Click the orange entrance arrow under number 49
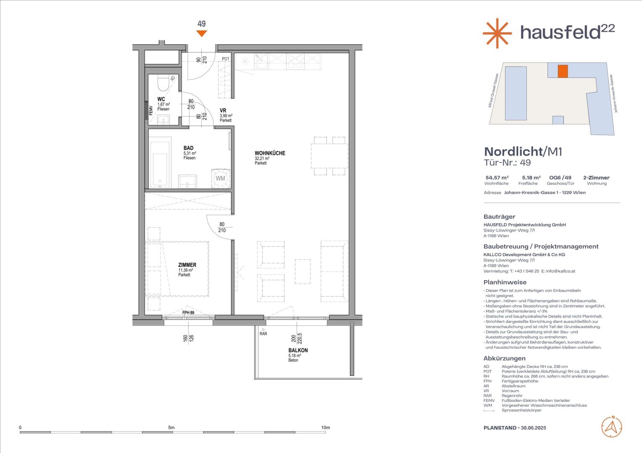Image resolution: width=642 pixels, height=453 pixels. point(202,33)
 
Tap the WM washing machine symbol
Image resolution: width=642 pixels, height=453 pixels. point(221,179)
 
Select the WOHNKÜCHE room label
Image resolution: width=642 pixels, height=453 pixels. point(270,153)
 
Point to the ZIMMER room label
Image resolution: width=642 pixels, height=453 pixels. point(187,265)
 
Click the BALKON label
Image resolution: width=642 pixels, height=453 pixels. point(298,350)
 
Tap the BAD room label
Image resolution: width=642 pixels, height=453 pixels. point(188,148)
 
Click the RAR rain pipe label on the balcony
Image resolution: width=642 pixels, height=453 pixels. point(263,334)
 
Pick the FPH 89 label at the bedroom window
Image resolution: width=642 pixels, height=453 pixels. point(188,312)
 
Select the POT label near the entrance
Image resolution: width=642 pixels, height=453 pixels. point(226,59)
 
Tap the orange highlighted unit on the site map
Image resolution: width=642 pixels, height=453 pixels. point(563,71)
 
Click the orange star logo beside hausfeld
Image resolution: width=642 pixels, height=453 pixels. point(497,33)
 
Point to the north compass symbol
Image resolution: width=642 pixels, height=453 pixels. point(612,427)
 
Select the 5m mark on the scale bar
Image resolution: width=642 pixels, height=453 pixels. point(171,427)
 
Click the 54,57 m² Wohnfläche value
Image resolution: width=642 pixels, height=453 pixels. point(497,178)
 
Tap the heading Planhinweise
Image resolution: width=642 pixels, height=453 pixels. point(505,282)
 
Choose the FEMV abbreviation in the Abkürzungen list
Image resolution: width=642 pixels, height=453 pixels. point(489,401)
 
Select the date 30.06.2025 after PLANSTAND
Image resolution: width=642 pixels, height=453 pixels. point(533,428)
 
